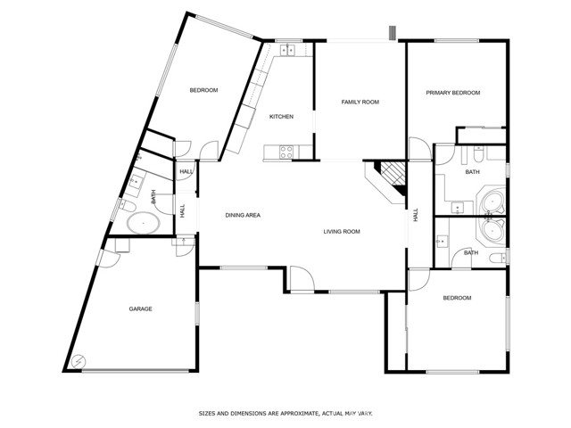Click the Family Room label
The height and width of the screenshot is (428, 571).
point(360,102)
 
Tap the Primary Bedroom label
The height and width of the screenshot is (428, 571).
point(453,93)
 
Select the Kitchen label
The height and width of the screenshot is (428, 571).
point(281,117)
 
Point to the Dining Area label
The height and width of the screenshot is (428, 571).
point(243,215)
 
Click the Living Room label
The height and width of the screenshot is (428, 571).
point(342,232)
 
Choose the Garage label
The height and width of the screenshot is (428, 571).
point(141,309)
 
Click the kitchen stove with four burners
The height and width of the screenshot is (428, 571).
point(286,152)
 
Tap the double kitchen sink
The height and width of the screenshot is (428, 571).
point(287,50)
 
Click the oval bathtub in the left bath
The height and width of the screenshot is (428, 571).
point(144,223)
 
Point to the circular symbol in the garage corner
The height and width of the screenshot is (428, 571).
point(79,362)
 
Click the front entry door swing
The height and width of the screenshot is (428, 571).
point(302,278)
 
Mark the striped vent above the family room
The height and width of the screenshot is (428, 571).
point(393,33)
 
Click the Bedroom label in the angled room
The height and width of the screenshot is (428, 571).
point(203,90)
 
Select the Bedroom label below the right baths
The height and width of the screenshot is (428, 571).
point(457,298)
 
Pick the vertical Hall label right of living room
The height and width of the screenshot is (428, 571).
point(416,215)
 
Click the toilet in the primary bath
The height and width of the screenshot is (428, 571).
point(479,154)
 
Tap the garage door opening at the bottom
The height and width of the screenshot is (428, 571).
point(135,371)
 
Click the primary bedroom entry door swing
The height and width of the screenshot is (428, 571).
point(420,148)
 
